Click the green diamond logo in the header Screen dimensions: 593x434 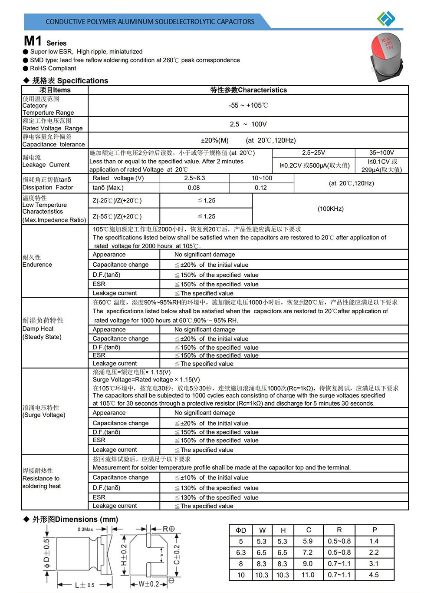[386, 19]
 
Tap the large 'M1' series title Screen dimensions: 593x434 [33, 41]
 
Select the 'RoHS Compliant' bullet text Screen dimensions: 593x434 [53, 68]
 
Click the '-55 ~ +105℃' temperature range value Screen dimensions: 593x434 [248, 105]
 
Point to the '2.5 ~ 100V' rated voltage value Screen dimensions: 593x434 [248, 124]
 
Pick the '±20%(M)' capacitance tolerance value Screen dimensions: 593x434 [215, 140]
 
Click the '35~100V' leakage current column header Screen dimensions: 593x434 [381, 153]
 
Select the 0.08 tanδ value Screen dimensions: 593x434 [194, 188]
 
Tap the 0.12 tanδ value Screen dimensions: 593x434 [261, 188]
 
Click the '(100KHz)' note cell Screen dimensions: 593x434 [331, 209]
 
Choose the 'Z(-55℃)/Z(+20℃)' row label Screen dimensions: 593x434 [117, 216]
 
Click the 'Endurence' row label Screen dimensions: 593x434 [37, 265]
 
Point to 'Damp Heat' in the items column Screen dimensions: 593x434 [38, 329]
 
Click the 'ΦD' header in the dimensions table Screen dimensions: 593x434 [241, 530]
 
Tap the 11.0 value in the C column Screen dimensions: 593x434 [308, 575]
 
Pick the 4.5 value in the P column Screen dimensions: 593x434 [374, 575]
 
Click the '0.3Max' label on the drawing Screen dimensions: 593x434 [85, 529]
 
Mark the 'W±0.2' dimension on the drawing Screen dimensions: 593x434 [149, 584]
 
